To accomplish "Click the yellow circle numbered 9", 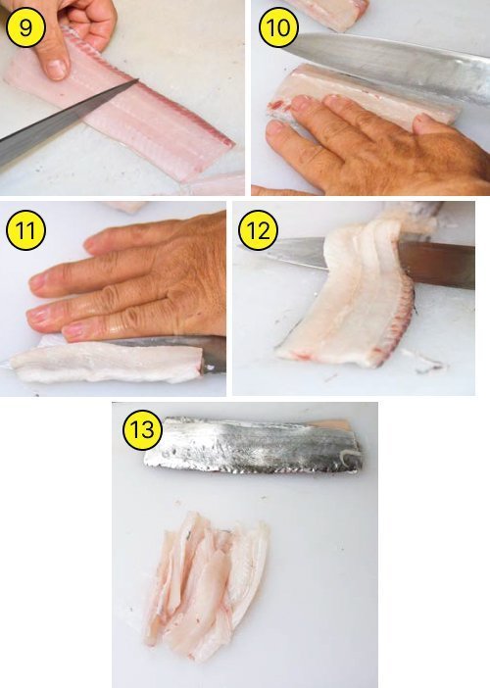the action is [25, 27].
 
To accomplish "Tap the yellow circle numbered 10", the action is [278, 27].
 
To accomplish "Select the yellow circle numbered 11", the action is [25, 230].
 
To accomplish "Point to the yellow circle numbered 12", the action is [258, 230].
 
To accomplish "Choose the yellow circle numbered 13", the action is [142, 430].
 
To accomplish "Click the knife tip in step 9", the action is [138, 79].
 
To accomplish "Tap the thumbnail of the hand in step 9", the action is [57, 70].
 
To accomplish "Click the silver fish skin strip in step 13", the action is [253, 445].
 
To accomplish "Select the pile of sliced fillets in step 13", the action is [205, 586].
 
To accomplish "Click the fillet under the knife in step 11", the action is [105, 362].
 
